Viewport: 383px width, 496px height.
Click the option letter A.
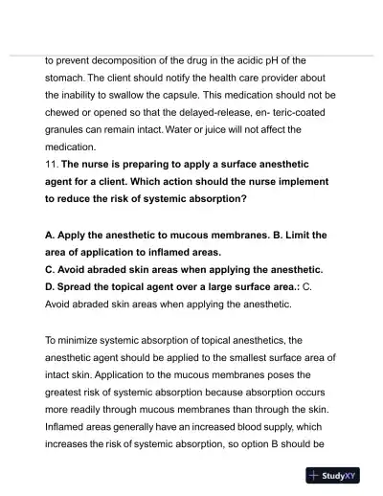point(50,235)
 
